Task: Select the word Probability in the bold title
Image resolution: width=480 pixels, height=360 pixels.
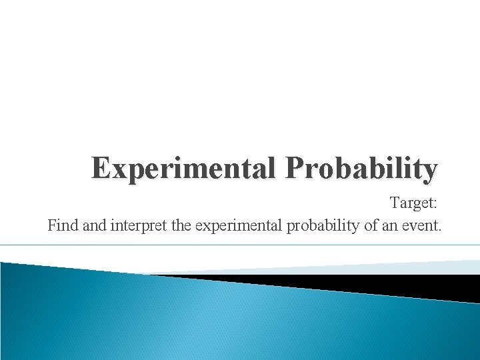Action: click(x=362, y=169)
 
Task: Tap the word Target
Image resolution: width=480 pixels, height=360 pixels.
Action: click(x=411, y=201)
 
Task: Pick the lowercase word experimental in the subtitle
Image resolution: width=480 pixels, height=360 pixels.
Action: click(x=238, y=226)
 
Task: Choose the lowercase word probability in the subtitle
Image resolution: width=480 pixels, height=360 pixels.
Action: click(x=324, y=226)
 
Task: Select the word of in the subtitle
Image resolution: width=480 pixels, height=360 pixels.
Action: click(x=371, y=226)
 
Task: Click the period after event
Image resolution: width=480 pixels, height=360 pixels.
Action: click(x=440, y=231)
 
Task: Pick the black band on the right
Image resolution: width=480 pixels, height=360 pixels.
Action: click(x=400, y=285)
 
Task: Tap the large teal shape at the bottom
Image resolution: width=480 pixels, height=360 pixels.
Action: click(x=200, y=320)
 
